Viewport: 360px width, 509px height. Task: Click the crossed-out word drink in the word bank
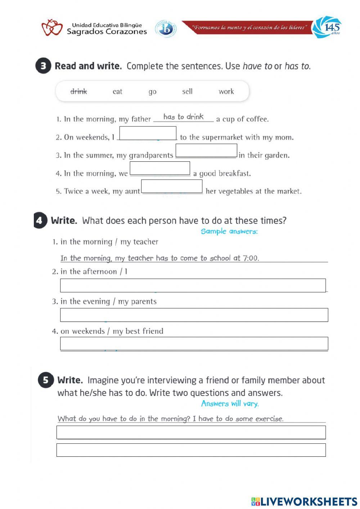pos(78,91)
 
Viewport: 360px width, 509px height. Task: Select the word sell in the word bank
pos(187,91)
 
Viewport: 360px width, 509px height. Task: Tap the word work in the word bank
pos(226,91)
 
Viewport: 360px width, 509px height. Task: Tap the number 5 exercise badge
pos(45,380)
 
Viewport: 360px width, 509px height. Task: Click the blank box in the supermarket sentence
pos(148,133)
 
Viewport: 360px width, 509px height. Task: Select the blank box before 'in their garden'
pos(206,151)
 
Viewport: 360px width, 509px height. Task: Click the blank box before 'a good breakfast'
pos(160,168)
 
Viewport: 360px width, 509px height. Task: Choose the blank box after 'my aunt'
pos(172,186)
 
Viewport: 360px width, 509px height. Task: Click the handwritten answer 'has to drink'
pos(183,117)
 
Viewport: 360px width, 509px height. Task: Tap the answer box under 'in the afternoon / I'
pos(193,285)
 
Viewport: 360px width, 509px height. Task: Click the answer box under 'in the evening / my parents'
pos(194,315)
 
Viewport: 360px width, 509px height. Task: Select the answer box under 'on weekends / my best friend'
pos(194,344)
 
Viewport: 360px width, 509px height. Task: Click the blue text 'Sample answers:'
pos(229,231)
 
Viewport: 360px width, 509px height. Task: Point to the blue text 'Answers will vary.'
pos(230,403)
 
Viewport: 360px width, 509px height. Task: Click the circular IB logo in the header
pos(166,29)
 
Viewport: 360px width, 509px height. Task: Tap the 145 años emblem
pos(327,27)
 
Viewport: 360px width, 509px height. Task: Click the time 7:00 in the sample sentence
pos(251,258)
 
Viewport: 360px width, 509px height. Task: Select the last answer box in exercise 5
pos(191,450)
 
